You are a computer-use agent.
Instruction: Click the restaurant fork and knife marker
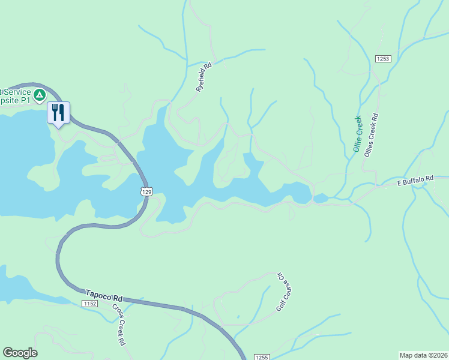click(58, 112)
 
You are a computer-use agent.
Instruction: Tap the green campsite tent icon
click(39, 95)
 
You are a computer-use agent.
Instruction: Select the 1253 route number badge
click(383, 58)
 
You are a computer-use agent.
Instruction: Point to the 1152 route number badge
click(90, 304)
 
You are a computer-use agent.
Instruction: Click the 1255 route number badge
click(261, 356)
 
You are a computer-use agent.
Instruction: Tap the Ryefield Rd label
click(204, 77)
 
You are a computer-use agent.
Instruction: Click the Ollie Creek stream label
click(359, 134)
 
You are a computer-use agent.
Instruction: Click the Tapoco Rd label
click(103, 295)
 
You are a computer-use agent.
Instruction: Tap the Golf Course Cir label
click(283, 291)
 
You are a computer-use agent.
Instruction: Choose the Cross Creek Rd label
click(118, 324)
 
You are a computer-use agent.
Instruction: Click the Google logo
click(20, 353)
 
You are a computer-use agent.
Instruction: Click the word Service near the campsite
click(17, 92)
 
